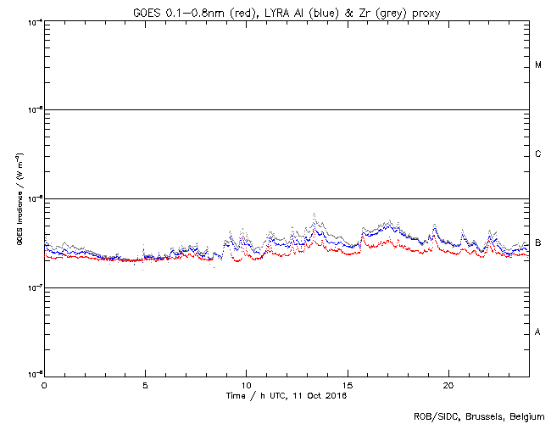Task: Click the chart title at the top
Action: [286, 13]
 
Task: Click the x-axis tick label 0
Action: [44, 384]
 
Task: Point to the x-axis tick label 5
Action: [145, 384]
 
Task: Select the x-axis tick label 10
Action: [246, 384]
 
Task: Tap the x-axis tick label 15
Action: [347, 384]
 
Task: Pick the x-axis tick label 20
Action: [448, 384]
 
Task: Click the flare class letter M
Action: [538, 65]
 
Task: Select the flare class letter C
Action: [538, 154]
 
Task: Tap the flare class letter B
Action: [538, 243]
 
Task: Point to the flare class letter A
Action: [538, 332]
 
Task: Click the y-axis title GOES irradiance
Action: [19, 199]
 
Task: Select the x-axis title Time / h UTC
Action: [286, 395]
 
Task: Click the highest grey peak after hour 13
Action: [314, 214]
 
